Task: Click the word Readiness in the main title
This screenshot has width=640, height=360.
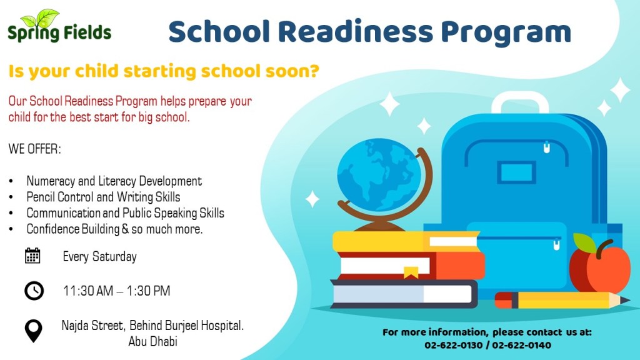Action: [x=355, y=32]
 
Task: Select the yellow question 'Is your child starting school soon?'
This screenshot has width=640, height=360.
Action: [x=164, y=71]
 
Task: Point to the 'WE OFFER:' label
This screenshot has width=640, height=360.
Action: [x=35, y=149]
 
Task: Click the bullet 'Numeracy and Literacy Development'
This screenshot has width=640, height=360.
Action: [x=114, y=181]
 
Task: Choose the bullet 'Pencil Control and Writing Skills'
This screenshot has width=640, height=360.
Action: [x=103, y=197]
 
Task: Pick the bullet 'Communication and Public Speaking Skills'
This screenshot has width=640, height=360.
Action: [x=125, y=213]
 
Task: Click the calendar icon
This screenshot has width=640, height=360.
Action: [x=32, y=256]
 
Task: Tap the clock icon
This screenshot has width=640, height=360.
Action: [x=34, y=291]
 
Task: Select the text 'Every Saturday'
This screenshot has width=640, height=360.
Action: [x=99, y=256]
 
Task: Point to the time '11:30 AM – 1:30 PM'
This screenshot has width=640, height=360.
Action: [x=116, y=291]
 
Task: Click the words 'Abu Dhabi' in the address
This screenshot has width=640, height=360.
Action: [x=152, y=341]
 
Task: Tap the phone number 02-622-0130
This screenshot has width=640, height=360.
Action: [x=454, y=345]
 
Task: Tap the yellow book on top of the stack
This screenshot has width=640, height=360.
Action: [x=406, y=241]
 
